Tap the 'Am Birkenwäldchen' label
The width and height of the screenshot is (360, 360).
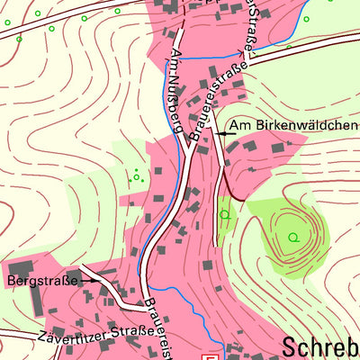coord(292,125)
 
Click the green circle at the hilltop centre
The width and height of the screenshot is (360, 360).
coord(292,237)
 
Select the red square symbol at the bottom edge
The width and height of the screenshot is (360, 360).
coord(212,355)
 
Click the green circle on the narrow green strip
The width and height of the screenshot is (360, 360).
coord(224,214)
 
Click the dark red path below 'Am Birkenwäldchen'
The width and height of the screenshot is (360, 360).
coord(236,190)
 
